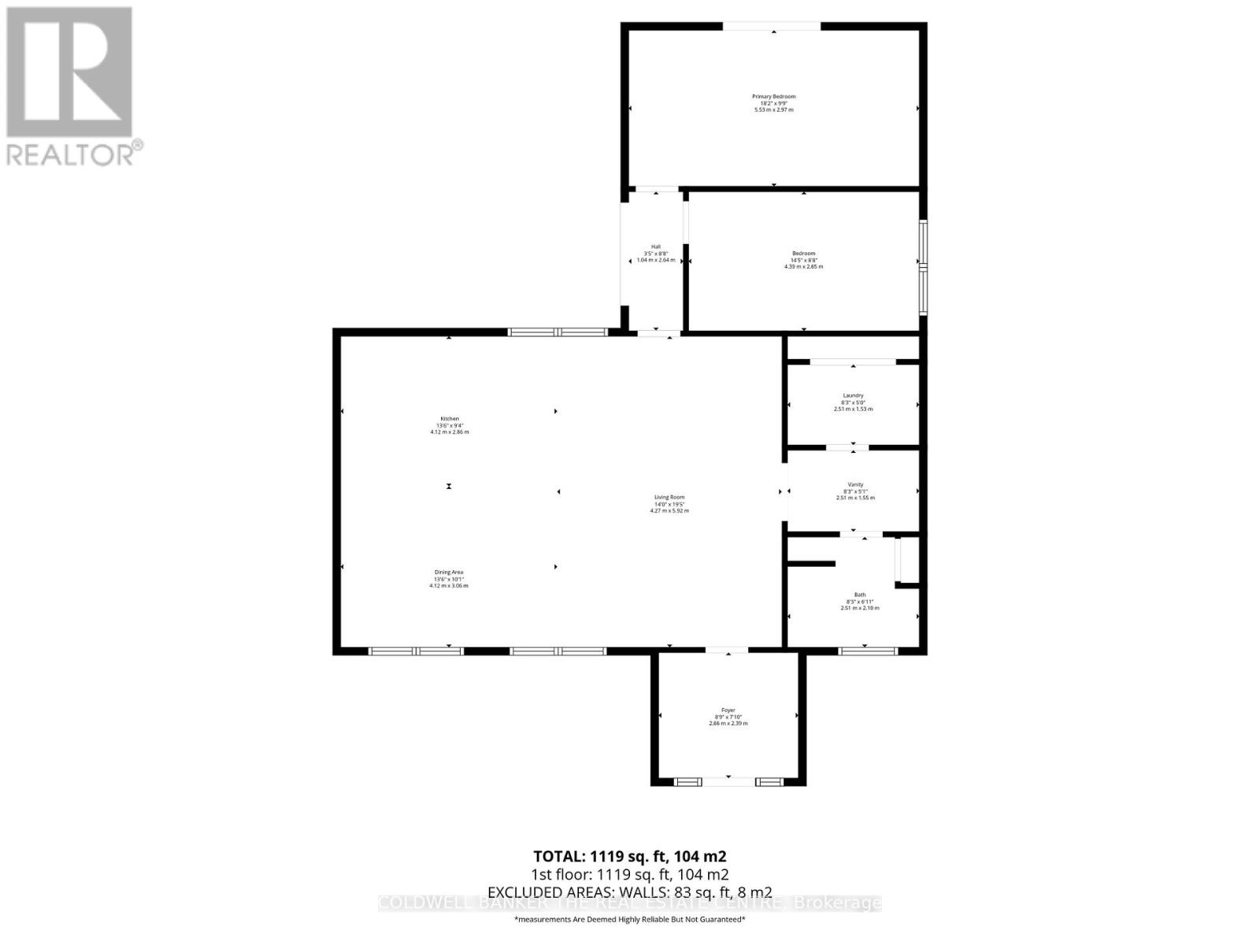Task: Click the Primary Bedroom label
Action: [773, 97]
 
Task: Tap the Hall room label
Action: [655, 246]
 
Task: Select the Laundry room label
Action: [853, 395]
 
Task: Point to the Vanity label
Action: [855, 484]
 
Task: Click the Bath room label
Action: [859, 595]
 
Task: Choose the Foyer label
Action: [728, 710]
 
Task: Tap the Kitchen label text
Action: [449, 419]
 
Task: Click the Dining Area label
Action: [449, 573]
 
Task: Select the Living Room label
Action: [669, 497]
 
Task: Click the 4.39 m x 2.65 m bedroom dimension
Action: [803, 266]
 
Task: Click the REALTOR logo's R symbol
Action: [69, 72]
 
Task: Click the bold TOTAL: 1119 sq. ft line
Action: [629, 856]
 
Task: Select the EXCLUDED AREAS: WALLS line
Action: [629, 891]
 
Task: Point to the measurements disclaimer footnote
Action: [629, 919]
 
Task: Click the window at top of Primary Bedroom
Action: [772, 27]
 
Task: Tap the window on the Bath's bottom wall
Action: [867, 650]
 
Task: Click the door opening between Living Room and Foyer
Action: [726, 650]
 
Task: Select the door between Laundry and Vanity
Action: [847, 447]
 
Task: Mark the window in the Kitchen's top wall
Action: [558, 332]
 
